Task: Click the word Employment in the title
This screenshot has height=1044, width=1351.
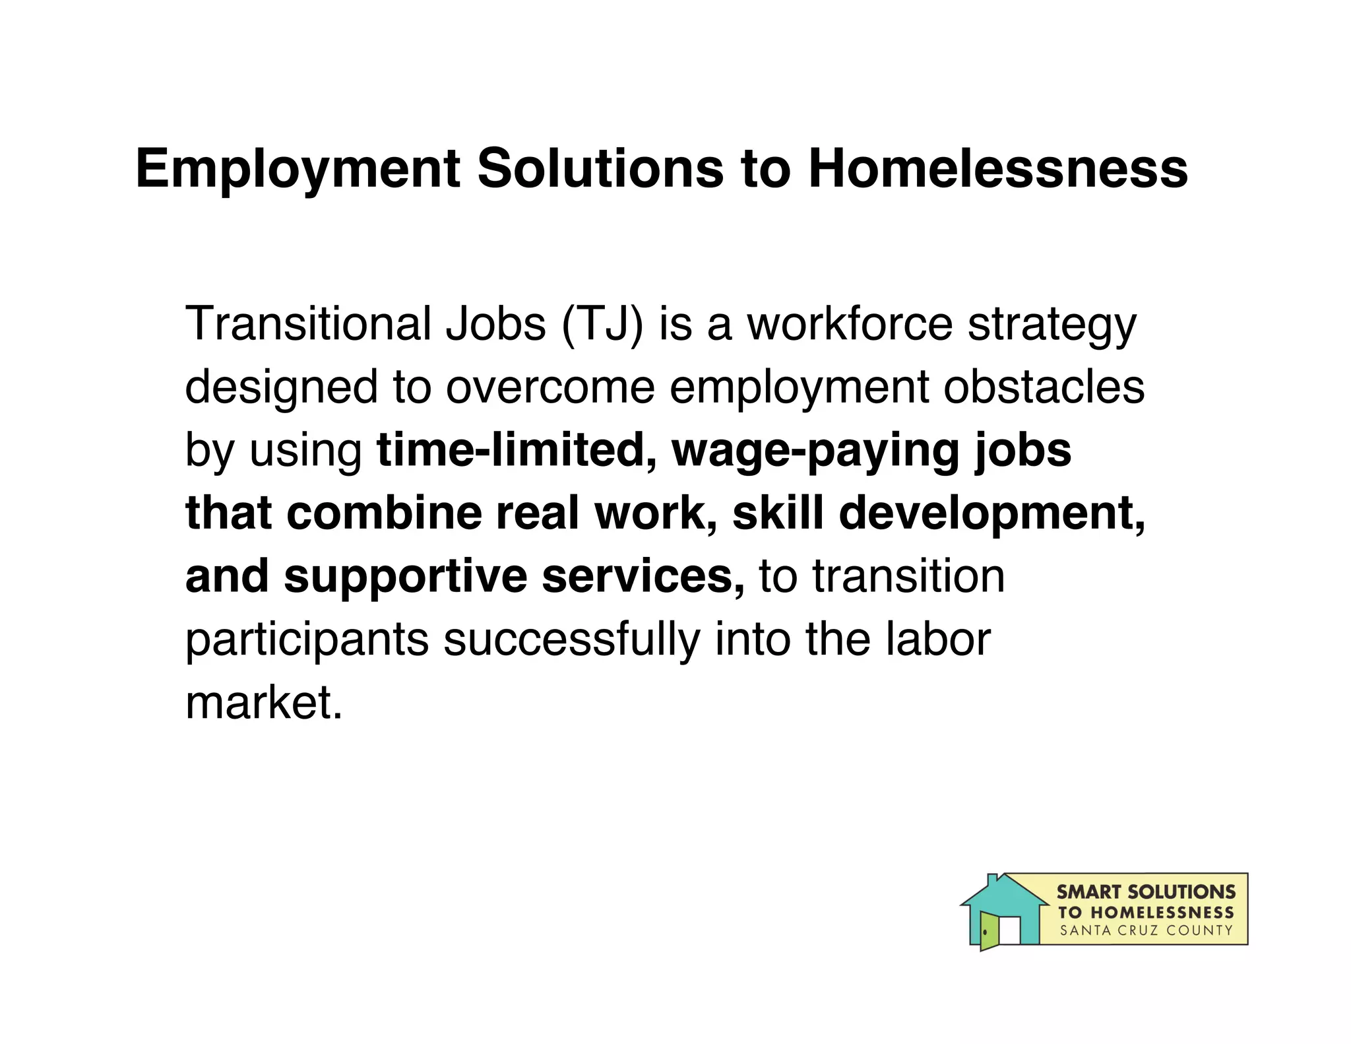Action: [x=298, y=170]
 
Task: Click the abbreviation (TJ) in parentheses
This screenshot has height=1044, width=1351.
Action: [x=602, y=325]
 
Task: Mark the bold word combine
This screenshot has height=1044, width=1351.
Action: [x=384, y=513]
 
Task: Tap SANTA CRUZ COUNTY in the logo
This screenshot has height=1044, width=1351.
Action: [x=1146, y=930]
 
